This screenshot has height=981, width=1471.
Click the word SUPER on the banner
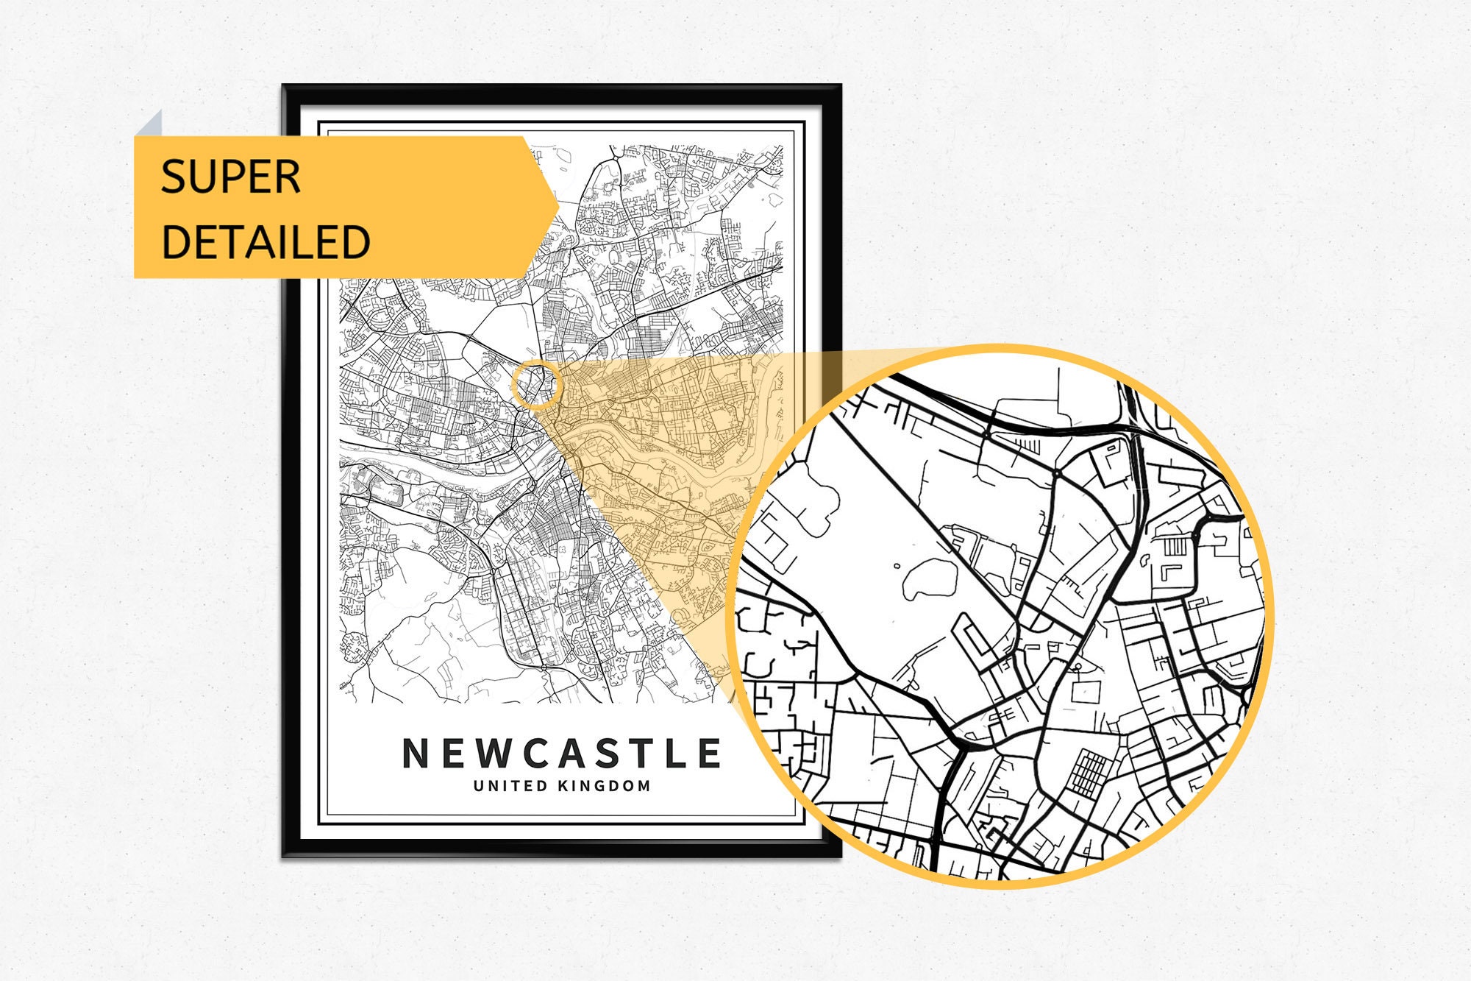point(230,177)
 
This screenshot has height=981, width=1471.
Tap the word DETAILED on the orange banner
point(265,242)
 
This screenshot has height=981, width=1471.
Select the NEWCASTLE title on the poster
point(562,754)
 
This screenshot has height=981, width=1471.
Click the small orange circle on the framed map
point(536,385)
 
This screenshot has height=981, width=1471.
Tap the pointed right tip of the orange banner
point(556,207)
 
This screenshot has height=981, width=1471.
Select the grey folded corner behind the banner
point(150,124)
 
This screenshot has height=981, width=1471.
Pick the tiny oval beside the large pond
point(897,566)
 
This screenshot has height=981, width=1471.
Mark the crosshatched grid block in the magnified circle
point(1089,772)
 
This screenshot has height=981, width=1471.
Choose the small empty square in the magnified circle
point(1086,692)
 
